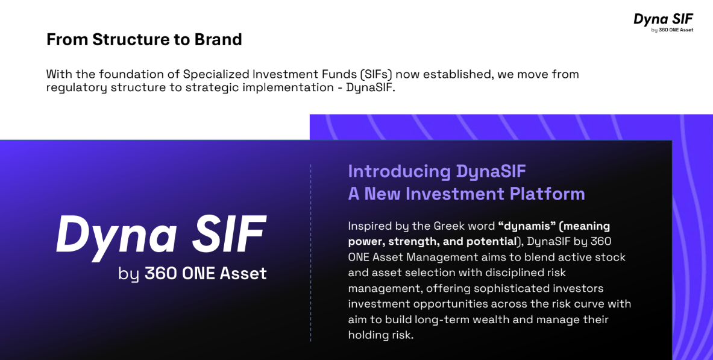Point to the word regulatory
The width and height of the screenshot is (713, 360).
click(77, 87)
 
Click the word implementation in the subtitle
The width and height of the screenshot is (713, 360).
click(288, 87)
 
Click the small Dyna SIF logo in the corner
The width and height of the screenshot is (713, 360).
click(664, 22)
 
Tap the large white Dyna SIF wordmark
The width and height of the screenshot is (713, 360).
click(161, 235)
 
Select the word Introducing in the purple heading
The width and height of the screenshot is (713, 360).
click(399, 172)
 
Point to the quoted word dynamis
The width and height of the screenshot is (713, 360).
click(527, 226)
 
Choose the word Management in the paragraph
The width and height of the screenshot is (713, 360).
click(436, 257)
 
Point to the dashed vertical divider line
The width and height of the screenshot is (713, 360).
click(311, 253)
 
